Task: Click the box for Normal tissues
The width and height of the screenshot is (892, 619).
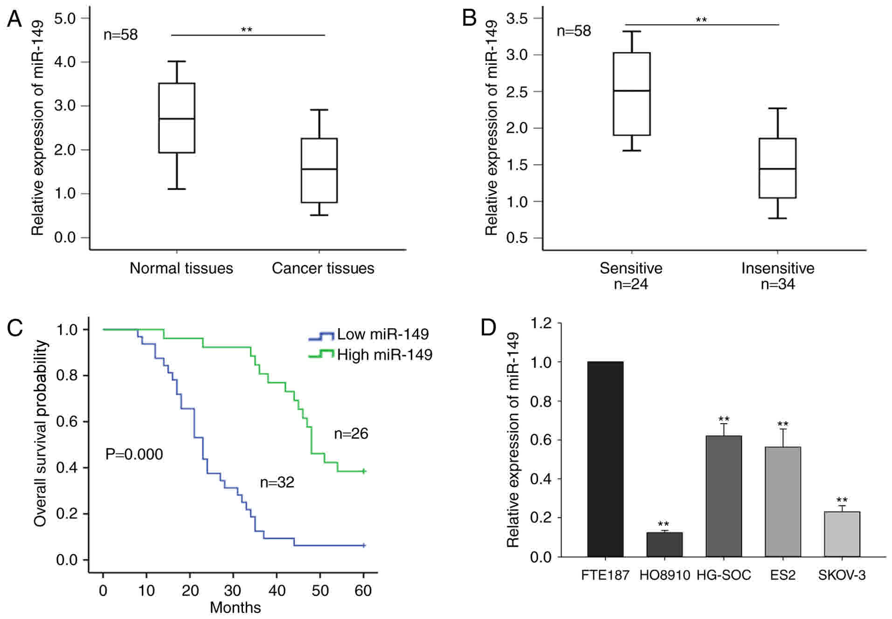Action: point(177,118)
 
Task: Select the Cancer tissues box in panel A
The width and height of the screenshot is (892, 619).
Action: point(319,170)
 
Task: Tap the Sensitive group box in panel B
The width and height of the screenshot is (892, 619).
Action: point(632,94)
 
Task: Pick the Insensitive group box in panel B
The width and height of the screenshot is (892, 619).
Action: point(777,168)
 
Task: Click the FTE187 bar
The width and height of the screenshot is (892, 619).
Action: point(605,459)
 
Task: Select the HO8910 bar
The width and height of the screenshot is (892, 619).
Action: point(664,544)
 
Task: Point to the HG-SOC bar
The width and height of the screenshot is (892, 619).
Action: point(724,496)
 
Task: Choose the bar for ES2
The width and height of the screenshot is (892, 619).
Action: point(783,502)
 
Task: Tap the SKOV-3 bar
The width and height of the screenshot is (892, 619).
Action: point(842,534)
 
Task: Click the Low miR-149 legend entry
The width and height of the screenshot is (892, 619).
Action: point(368,334)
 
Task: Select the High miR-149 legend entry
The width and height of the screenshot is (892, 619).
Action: point(370,355)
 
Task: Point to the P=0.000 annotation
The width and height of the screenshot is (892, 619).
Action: point(134,454)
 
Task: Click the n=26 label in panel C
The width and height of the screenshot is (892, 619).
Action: point(351,433)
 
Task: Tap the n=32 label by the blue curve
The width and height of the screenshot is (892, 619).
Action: point(277,482)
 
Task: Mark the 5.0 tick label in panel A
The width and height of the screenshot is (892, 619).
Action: point(65,18)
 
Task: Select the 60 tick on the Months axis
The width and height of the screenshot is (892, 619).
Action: point(363,591)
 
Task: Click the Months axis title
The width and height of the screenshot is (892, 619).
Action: point(235,607)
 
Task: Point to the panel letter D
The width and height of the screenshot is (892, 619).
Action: point(488,328)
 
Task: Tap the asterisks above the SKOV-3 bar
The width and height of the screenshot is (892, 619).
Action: point(842,501)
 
